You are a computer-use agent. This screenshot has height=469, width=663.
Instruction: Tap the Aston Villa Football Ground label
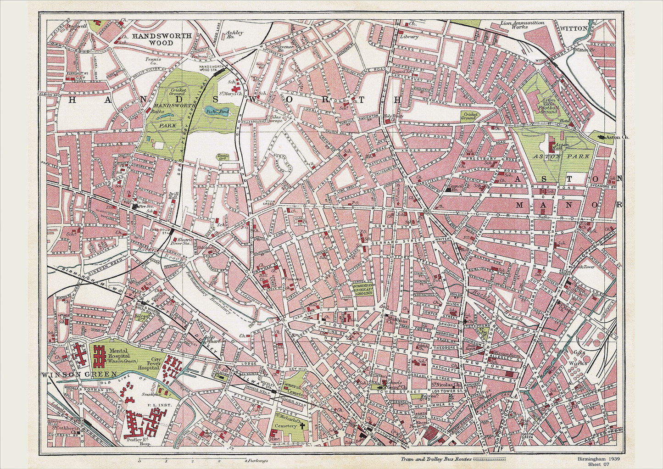pos(549,105)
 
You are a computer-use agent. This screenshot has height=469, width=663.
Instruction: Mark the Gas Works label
pos(577,358)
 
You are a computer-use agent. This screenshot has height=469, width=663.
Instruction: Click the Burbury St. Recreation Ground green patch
pos(363,289)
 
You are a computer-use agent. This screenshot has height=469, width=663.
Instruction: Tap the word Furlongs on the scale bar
pos(257,460)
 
